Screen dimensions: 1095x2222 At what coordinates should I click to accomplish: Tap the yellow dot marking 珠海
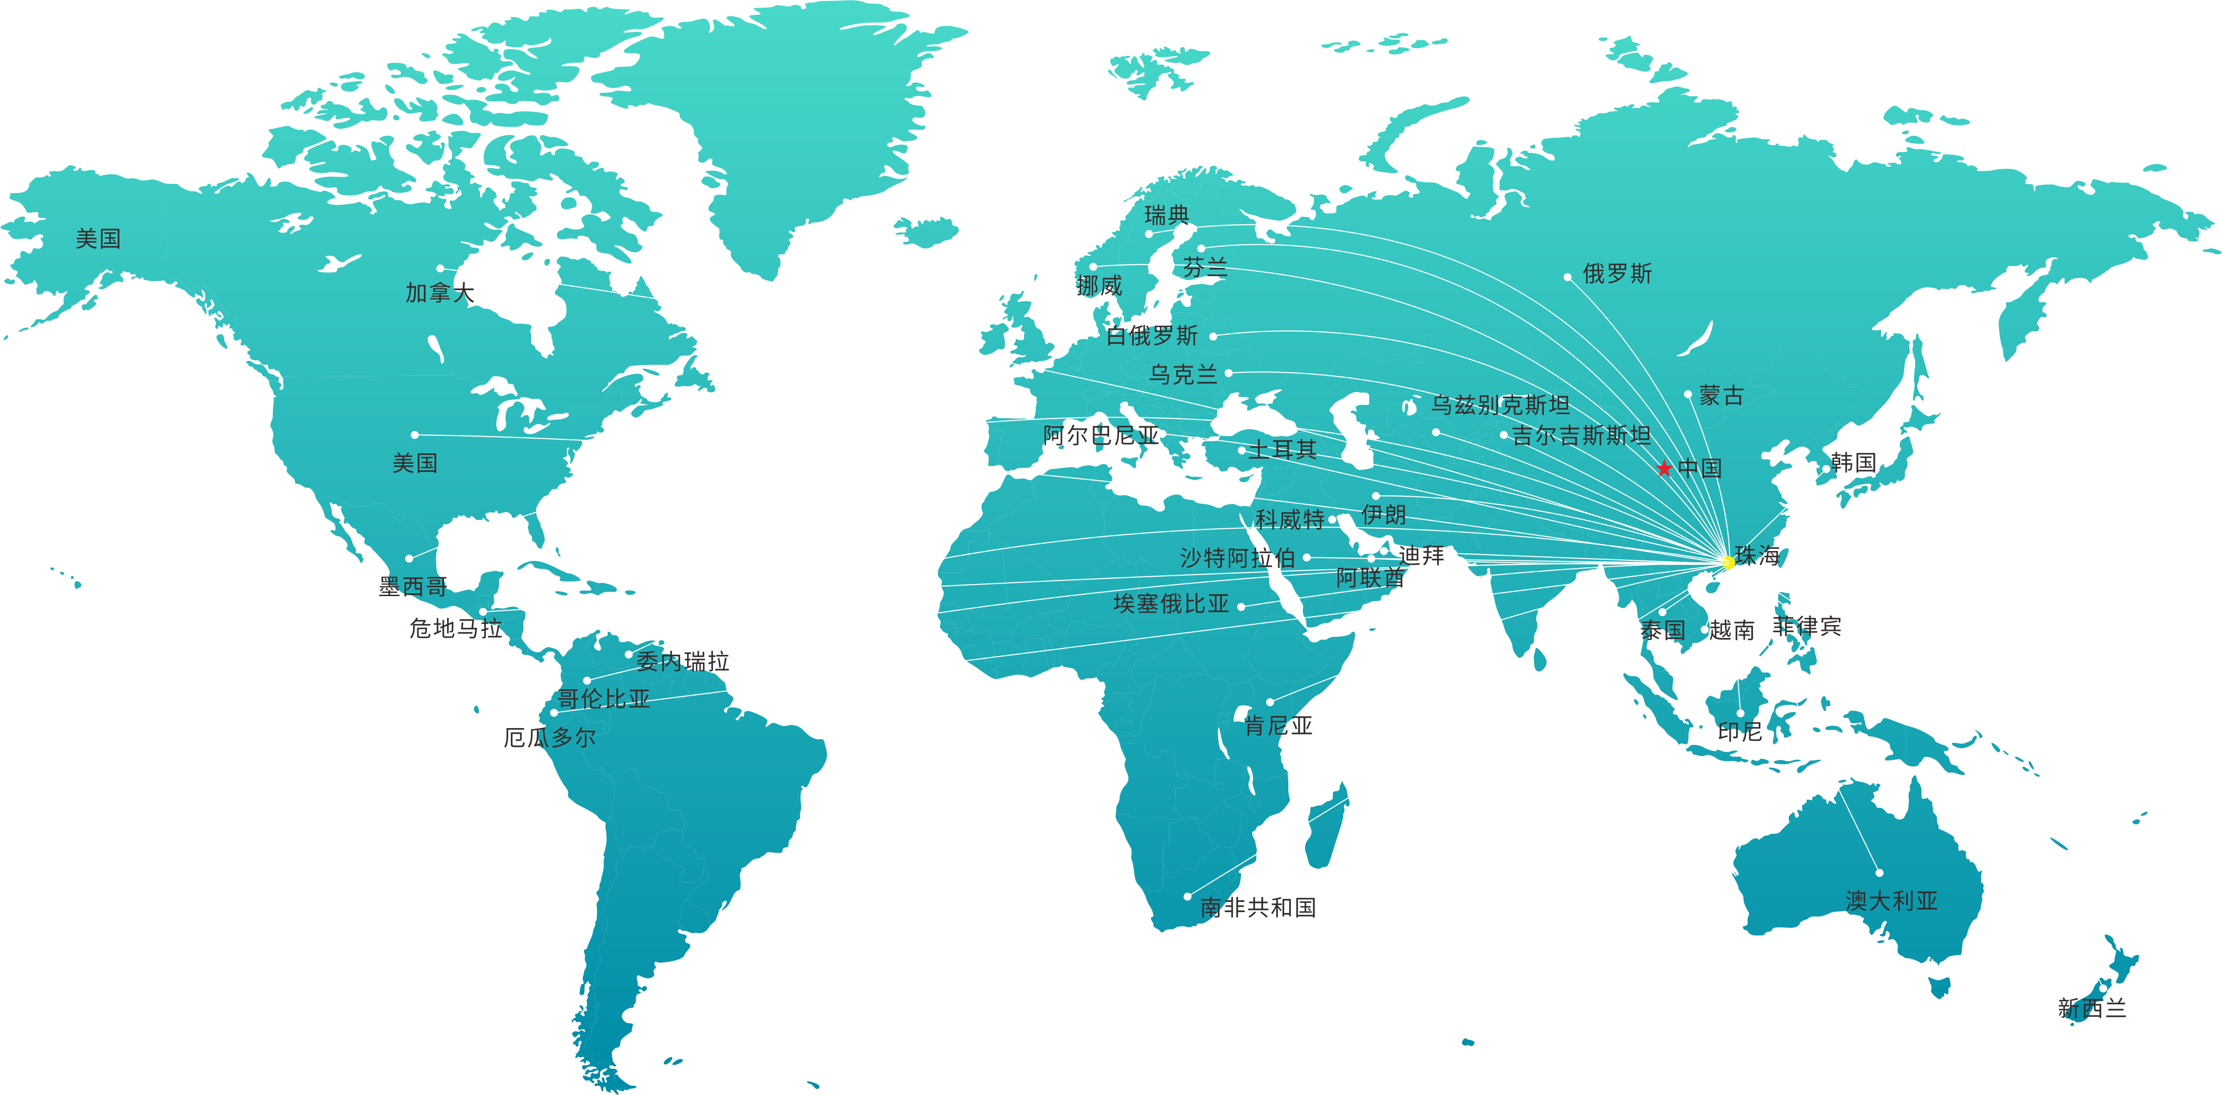[1729, 562]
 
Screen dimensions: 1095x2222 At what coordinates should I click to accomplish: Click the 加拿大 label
[440, 293]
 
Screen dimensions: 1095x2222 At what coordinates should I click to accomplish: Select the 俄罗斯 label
[1617, 274]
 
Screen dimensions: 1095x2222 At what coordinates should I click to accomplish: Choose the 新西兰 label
[2092, 1008]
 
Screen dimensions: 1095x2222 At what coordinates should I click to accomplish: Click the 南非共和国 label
[1258, 907]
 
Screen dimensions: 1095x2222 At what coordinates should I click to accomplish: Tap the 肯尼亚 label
[1278, 726]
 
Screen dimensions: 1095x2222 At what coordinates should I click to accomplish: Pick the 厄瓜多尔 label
[549, 737]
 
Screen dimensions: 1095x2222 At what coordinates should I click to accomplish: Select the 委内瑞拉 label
[682, 661]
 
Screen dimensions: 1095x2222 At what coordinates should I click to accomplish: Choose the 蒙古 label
[1721, 396]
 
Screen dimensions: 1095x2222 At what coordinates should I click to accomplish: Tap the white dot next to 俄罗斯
[1567, 277]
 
